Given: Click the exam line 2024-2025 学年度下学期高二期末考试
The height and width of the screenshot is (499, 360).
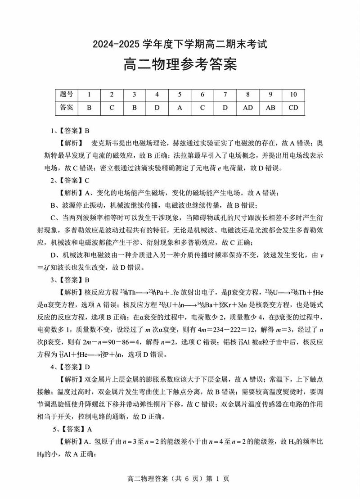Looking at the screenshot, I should (180, 45).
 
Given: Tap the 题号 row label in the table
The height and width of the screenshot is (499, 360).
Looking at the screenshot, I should (66, 95).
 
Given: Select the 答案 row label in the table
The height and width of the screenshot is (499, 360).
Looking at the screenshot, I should (66, 108).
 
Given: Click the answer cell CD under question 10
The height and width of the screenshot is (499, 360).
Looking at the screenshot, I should (293, 108).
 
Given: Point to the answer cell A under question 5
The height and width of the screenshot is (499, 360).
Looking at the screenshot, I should (180, 108).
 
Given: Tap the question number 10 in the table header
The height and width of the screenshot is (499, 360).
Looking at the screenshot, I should (293, 95).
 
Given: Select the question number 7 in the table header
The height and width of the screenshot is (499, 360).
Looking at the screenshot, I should (225, 95).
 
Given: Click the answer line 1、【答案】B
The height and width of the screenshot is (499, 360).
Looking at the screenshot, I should (70, 131).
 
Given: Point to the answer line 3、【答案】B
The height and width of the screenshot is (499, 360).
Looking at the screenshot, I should (70, 280).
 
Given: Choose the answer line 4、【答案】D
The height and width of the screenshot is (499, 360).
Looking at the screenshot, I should (70, 366).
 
